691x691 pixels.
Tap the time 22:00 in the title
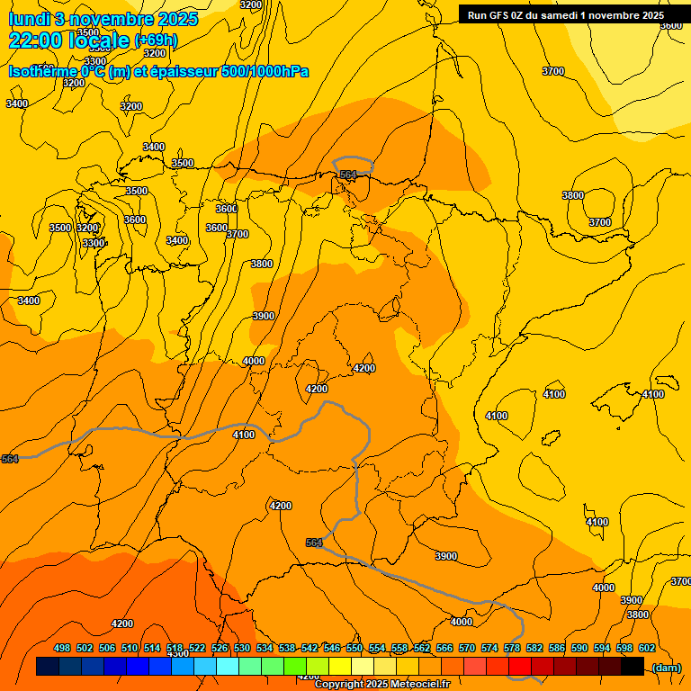[36, 40]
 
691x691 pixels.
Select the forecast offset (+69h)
[156, 40]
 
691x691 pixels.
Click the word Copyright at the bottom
[339, 685]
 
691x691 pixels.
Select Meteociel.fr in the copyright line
[418, 685]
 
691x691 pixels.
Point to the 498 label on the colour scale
[62, 648]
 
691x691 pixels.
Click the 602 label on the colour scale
[647, 648]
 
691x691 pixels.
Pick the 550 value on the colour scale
[354, 648]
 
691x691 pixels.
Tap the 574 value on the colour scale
[489, 648]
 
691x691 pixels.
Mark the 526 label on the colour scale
[220, 648]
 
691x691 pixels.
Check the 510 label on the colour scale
[130, 648]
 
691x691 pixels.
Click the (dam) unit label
[666, 667]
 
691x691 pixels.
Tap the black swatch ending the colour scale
[633, 666]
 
